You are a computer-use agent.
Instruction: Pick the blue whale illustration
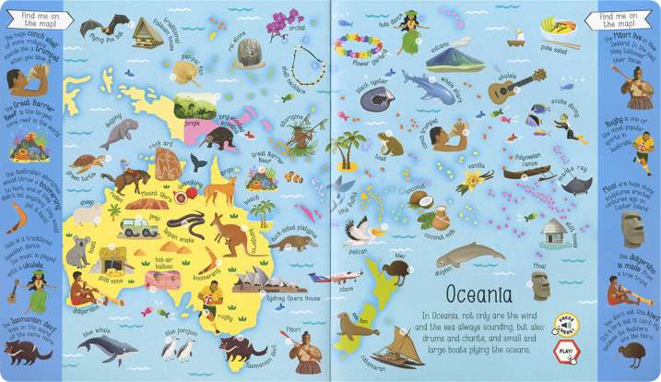(x=107, y=349)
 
